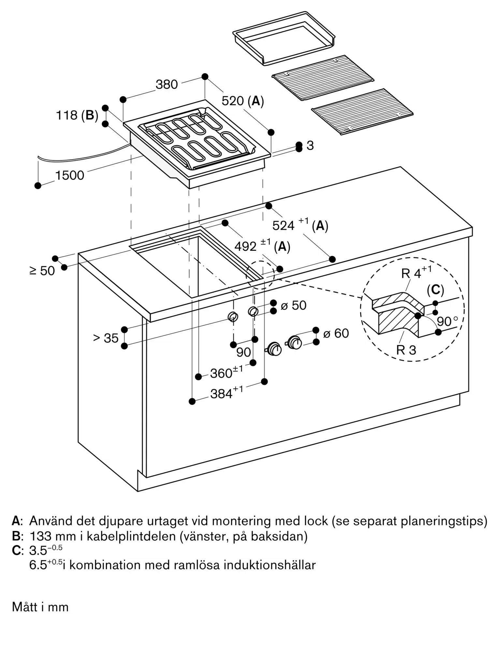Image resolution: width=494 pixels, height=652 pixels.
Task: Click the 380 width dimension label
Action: (167, 84)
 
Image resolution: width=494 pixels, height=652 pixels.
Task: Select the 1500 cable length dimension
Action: (70, 175)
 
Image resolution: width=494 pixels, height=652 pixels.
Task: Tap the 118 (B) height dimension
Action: (77, 115)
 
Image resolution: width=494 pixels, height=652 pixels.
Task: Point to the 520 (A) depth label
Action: (242, 101)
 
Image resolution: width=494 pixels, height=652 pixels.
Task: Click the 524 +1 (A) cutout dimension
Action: (300, 225)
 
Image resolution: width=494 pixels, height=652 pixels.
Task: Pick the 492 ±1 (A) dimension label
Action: (262, 246)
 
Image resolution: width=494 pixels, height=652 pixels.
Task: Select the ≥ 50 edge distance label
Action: (42, 271)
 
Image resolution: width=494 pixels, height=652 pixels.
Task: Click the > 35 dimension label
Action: (106, 338)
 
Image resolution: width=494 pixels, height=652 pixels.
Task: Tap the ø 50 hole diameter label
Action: (293, 305)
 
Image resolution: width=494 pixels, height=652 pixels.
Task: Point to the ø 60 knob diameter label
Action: (336, 333)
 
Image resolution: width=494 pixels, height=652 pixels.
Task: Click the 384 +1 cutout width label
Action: (226, 393)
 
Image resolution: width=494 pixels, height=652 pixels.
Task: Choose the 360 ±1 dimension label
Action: (226, 372)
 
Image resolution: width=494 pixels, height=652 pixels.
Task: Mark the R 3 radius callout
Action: (406, 350)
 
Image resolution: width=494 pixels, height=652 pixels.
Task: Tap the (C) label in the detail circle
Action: (435, 289)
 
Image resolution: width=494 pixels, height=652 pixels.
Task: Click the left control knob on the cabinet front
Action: (275, 349)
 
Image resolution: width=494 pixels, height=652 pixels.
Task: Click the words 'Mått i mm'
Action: (40, 607)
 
